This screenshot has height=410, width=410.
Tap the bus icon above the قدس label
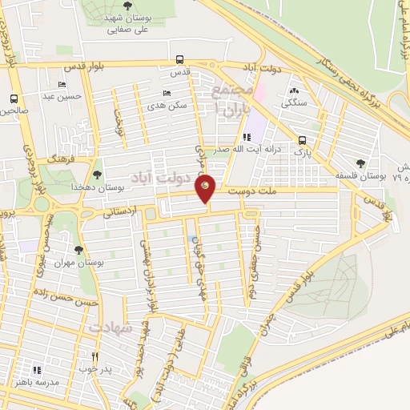(179, 59)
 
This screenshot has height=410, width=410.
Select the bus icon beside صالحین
(14, 99)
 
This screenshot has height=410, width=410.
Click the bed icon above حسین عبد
(62, 84)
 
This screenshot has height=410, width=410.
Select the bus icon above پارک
(302, 138)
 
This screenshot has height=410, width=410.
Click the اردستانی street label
(121, 212)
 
